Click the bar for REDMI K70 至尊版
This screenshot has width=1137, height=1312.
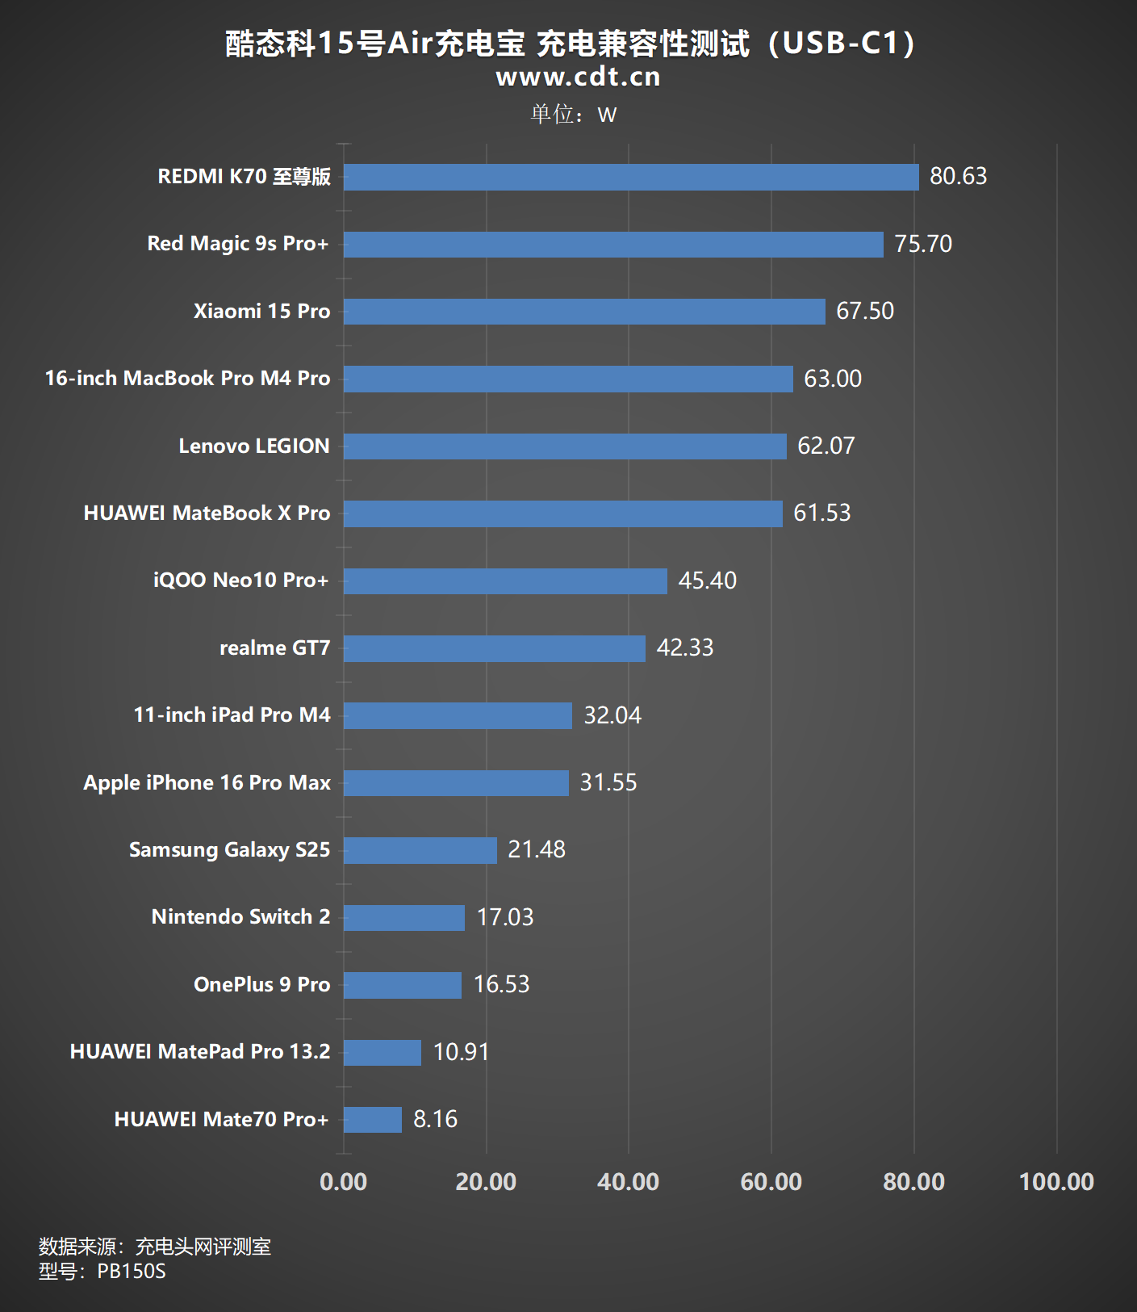pyautogui.click(x=631, y=177)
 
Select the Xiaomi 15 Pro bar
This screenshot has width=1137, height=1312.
pyautogui.click(x=584, y=312)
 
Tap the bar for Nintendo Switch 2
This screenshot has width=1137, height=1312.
pyautogui.click(x=403, y=918)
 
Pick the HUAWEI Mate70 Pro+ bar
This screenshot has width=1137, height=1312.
pyautogui.click(x=372, y=1120)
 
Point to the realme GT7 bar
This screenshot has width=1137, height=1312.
pyautogui.click(x=494, y=648)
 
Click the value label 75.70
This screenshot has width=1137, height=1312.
pyautogui.click(x=923, y=244)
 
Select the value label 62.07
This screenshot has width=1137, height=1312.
pyautogui.click(x=826, y=446)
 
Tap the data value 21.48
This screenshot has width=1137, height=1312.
pyautogui.click(x=537, y=849)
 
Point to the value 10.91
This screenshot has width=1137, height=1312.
pyautogui.click(x=461, y=1052)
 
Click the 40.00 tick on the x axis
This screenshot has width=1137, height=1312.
pyautogui.click(x=628, y=1182)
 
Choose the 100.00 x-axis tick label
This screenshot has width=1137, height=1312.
pyautogui.click(x=1056, y=1182)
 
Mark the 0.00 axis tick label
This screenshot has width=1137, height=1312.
pyautogui.click(x=343, y=1182)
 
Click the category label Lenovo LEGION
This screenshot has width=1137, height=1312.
pyautogui.click(x=254, y=446)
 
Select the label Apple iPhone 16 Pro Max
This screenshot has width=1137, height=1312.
pyautogui.click(x=207, y=783)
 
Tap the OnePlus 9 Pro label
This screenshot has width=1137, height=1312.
pyautogui.click(x=262, y=985)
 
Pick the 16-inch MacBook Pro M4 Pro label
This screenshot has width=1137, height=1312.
pyautogui.click(x=187, y=379)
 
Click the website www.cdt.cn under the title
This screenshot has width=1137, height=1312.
pyautogui.click(x=578, y=77)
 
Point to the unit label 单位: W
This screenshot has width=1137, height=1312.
pyautogui.click(x=573, y=115)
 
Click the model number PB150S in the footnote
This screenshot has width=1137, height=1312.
pyautogui.click(x=132, y=1272)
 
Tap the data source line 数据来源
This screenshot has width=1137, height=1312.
pyautogui.click(x=155, y=1247)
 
